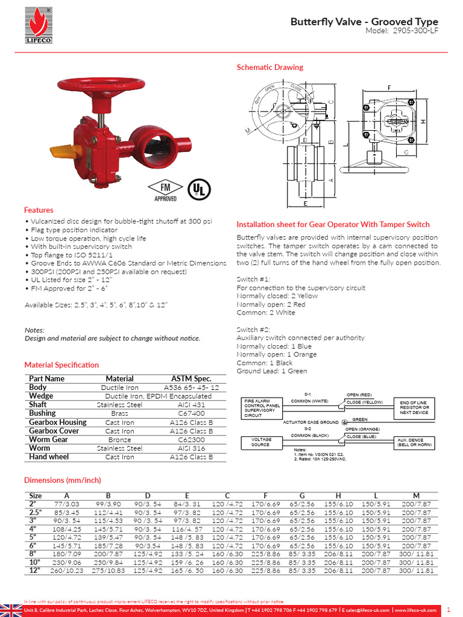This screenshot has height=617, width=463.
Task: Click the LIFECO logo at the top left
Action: point(39,27)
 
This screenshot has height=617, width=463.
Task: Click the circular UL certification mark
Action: point(198,189)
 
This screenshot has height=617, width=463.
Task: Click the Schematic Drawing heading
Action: point(269,67)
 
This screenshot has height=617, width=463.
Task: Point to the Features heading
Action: point(39,210)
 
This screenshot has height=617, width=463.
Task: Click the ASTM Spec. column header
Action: point(191,378)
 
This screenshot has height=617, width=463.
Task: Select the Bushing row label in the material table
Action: point(42,413)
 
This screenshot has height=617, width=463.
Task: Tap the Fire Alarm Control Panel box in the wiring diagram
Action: point(262,407)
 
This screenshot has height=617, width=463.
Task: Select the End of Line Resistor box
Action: point(414,407)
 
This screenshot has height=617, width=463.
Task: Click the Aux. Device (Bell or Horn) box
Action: point(414,443)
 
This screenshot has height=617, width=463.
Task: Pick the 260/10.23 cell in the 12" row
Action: point(66,570)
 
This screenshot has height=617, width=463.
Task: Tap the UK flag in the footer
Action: point(11,610)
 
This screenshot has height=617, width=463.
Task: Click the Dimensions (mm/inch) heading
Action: point(62,480)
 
